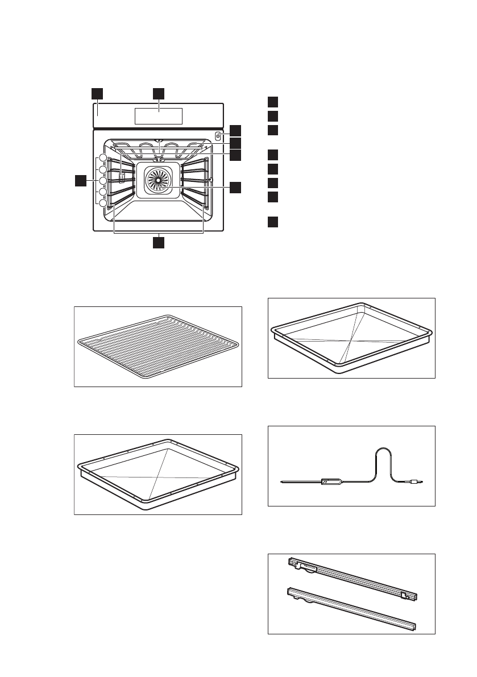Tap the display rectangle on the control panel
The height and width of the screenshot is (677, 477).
159,116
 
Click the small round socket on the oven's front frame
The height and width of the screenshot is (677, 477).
218,136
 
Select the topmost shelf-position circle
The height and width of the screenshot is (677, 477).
103,158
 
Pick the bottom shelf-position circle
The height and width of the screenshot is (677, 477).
103,203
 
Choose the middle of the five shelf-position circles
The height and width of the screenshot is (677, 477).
103,181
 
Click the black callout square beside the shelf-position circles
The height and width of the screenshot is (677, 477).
82,181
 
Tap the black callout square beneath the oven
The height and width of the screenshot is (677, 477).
159,243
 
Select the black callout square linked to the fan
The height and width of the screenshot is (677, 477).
235,187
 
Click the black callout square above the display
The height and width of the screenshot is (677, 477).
159,93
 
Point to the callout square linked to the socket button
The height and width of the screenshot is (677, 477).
235,130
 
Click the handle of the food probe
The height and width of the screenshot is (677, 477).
331,482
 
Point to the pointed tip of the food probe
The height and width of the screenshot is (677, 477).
283,483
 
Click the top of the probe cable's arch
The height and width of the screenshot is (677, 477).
383,449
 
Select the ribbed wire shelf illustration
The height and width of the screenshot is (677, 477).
159,347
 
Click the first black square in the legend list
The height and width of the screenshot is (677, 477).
273,102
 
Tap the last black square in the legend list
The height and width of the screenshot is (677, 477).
273,222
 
